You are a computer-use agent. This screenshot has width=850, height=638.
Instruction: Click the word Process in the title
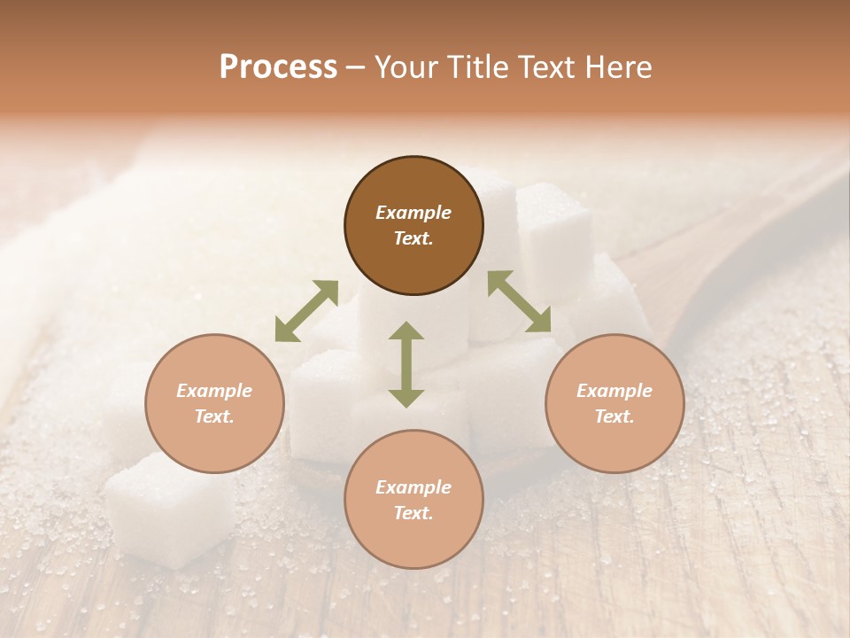pyautogui.click(x=278, y=67)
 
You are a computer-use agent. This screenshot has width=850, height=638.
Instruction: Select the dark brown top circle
pyautogui.click(x=413, y=226)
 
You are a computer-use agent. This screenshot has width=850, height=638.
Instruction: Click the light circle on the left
pyautogui.click(x=214, y=403)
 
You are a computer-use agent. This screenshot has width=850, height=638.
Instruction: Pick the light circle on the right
pyautogui.click(x=614, y=403)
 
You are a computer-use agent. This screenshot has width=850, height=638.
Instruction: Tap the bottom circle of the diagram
pyautogui.click(x=413, y=500)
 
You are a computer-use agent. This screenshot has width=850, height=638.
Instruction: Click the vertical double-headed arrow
pyautogui.click(x=406, y=364)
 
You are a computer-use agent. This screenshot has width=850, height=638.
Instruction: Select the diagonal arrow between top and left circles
pyautogui.click(x=306, y=311)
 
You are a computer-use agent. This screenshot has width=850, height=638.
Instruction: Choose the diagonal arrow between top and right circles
pyautogui.click(x=519, y=302)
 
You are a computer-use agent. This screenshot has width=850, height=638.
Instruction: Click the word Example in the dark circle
pyautogui.click(x=413, y=213)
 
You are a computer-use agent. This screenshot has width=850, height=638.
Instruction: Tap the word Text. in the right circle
pyautogui.click(x=614, y=416)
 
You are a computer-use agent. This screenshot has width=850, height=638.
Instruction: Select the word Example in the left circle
pyautogui.click(x=214, y=391)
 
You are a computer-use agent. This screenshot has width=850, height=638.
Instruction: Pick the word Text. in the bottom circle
pyautogui.click(x=413, y=513)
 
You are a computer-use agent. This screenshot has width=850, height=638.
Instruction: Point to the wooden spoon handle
pyautogui.click(x=753, y=230)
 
